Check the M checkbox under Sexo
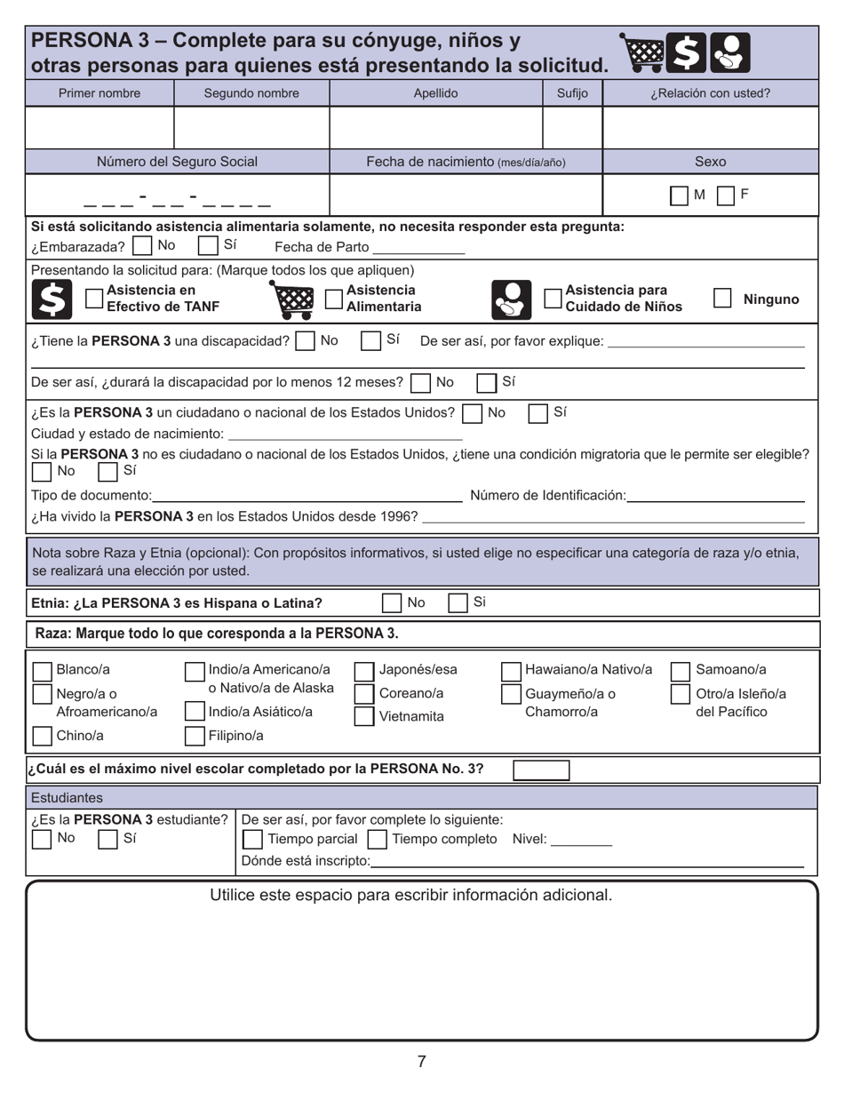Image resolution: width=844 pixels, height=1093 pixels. click(679, 195)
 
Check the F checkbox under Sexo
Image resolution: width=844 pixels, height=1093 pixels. click(725, 195)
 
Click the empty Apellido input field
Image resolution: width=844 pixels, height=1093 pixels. click(435, 127)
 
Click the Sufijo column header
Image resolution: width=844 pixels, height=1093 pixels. click(572, 92)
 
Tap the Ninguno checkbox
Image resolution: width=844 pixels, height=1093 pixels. click(722, 299)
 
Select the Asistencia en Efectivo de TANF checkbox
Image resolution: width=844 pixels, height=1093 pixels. click(93, 299)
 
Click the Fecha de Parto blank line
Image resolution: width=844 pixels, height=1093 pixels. click(418, 248)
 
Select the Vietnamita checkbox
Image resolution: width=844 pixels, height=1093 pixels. click(364, 716)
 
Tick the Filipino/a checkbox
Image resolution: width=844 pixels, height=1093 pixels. click(195, 735)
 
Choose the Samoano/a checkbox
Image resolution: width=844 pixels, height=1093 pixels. click(680, 670)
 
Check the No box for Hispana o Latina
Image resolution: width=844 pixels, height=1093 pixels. click(391, 603)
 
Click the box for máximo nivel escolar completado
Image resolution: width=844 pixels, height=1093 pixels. click(541, 770)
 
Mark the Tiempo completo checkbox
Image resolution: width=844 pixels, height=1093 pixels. click(377, 839)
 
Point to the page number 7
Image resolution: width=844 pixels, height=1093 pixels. click(421, 1061)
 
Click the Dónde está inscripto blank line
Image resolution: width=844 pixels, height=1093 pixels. click(586, 861)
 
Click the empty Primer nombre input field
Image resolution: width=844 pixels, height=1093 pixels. click(100, 127)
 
